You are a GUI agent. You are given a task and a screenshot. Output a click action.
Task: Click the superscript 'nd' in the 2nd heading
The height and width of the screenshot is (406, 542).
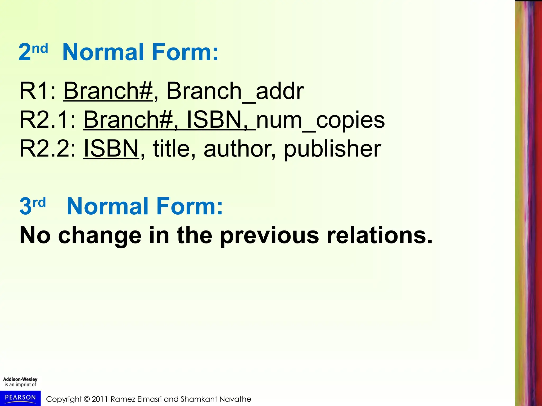pos(40,49)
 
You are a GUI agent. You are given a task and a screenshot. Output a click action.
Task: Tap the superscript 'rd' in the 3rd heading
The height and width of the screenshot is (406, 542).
pos(39,203)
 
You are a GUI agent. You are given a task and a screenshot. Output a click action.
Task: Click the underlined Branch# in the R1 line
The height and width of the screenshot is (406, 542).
pos(108,91)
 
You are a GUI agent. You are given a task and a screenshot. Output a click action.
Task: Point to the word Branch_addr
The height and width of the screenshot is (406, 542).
pos(235,91)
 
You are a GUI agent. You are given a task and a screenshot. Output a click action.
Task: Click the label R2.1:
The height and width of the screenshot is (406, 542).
pos(48,120)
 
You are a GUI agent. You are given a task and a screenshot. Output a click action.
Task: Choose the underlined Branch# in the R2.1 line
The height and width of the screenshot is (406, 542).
pos(128,120)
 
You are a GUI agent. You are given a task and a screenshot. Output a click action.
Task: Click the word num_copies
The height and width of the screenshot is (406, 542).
pos(320,121)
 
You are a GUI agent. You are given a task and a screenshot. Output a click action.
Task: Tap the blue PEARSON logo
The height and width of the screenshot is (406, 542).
pos(20,398)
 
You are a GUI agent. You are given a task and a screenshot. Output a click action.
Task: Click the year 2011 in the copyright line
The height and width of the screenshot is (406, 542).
pos(100,399)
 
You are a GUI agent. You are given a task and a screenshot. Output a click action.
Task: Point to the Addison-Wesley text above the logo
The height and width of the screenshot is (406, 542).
pos(20,379)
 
